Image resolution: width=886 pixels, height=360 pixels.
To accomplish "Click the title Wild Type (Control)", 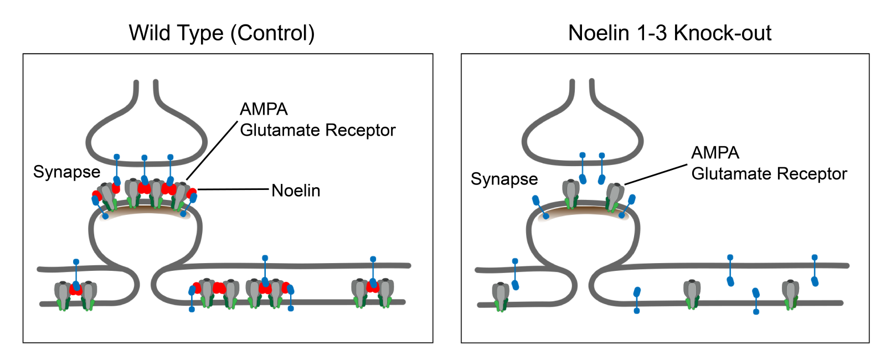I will (221, 33).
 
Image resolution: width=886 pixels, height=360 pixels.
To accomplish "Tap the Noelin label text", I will (296, 191).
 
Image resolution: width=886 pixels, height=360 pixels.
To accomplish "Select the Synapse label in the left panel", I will (66, 172).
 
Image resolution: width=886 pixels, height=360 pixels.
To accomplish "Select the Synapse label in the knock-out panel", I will (504, 179).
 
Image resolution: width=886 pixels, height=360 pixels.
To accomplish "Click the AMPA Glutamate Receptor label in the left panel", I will (317, 120).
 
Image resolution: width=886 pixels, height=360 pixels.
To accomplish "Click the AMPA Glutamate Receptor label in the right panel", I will (769, 163).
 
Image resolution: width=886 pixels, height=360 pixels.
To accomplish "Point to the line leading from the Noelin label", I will (233, 189).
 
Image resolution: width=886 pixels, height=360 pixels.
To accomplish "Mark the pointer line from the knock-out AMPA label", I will (656, 174).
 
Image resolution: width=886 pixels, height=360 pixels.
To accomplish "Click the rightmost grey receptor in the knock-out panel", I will (791, 294).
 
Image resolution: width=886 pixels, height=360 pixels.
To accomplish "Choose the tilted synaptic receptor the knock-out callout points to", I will (614, 197).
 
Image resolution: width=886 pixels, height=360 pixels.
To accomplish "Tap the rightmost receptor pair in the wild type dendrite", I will (373, 292).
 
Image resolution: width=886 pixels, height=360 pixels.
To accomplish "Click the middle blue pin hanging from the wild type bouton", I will (145, 169).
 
